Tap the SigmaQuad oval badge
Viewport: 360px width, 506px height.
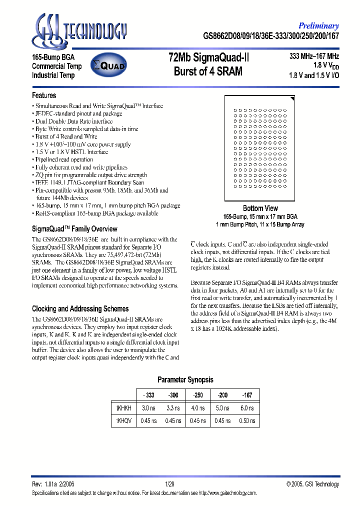point(108,65)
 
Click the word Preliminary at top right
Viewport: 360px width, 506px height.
point(318,26)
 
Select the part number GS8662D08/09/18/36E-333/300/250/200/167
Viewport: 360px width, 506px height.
point(271,36)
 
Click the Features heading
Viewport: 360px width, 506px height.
point(44,95)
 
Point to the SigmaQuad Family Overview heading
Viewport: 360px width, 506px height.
point(74,228)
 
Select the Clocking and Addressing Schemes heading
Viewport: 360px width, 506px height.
point(80,308)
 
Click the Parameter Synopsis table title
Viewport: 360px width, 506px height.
point(185,380)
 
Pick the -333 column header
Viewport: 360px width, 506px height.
point(148,395)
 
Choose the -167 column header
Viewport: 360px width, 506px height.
point(247,395)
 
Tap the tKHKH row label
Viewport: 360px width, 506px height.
point(123,408)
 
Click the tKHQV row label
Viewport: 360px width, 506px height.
point(123,420)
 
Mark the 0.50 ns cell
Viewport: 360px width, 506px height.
point(247,420)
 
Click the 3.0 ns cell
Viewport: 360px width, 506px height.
point(148,408)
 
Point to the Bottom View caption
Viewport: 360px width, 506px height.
point(260,208)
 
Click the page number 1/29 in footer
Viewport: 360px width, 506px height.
point(170,484)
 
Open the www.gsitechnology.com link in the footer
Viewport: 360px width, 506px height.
point(227,492)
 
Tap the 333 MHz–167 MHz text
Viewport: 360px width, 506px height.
point(314,56)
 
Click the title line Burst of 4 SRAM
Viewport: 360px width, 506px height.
point(208,71)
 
